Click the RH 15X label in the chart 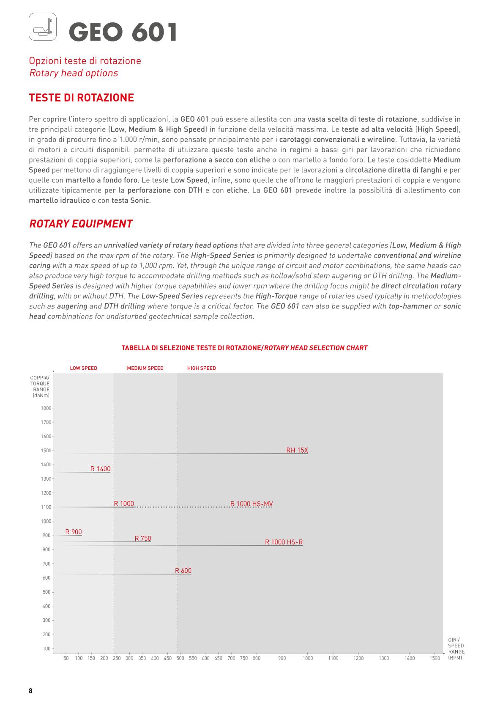click(x=297, y=450)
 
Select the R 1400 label click(x=100, y=469)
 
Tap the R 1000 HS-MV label click(x=251, y=503)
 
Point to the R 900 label click(x=74, y=532)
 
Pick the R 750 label click(x=143, y=539)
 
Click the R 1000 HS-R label click(x=284, y=542)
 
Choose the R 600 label click(x=183, y=571)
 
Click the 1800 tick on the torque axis click(x=46, y=408)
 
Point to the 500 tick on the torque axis click(x=46, y=592)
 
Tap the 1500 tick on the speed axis click(x=435, y=658)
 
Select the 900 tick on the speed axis click(x=282, y=658)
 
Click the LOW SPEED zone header click(x=83, y=368)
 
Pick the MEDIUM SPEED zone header click(x=145, y=368)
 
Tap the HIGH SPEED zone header click(x=201, y=368)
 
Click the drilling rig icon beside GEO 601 click(x=43, y=27)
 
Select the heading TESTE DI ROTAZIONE click(x=81, y=98)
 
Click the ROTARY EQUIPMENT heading click(x=81, y=224)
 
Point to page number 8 click(x=30, y=691)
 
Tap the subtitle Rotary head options click(x=74, y=73)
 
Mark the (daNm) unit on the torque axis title click(x=41, y=396)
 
